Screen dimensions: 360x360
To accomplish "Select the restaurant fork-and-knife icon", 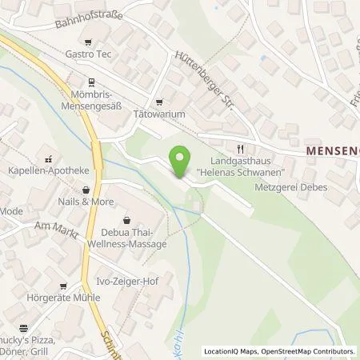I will point(240,148).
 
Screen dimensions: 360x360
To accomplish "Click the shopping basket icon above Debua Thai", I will point(127,220).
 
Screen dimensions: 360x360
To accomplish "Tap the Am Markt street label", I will point(53,226).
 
